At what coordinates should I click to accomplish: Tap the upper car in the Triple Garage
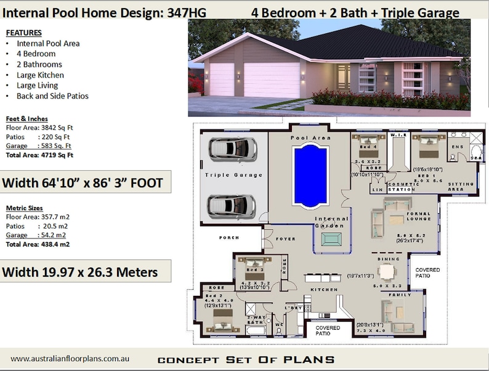click(232, 149)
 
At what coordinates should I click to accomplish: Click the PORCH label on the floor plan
click(230, 237)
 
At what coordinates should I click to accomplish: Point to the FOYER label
click(286, 238)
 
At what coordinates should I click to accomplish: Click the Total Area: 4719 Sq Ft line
click(39, 155)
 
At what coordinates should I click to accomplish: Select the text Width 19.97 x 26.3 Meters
click(80, 271)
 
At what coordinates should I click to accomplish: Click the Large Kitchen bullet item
click(40, 75)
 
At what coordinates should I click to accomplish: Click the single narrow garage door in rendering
click(221, 79)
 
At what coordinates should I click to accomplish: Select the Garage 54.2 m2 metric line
click(37, 235)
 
